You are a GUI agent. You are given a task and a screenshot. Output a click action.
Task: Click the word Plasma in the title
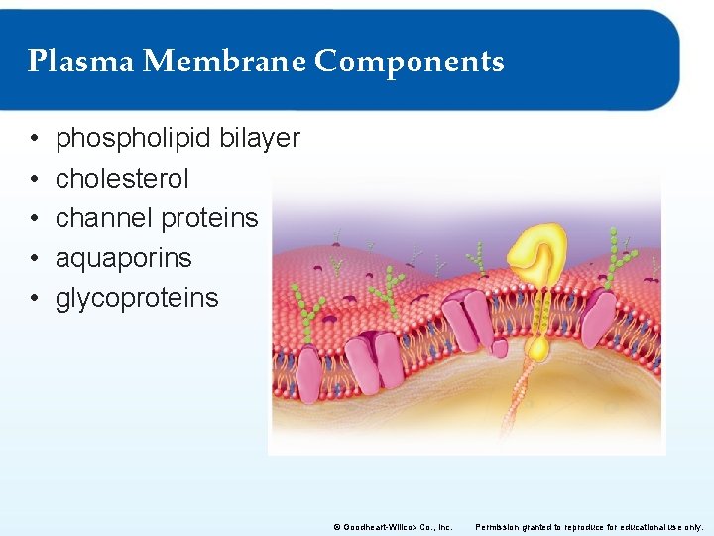click(x=80, y=62)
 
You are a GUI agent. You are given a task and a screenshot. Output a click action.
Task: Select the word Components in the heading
click(x=410, y=62)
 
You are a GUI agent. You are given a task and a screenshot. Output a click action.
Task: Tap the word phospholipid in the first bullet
click(x=134, y=139)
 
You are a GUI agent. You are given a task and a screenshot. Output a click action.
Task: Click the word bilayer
click(x=260, y=139)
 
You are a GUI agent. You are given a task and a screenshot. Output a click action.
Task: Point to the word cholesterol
click(x=122, y=179)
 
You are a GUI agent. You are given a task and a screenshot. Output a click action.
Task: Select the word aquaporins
click(x=124, y=258)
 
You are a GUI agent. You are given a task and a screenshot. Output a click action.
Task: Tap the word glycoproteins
click(x=137, y=298)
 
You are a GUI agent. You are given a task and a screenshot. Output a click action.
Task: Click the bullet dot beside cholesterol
click(x=34, y=180)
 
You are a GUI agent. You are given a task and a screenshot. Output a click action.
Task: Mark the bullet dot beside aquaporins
click(x=34, y=259)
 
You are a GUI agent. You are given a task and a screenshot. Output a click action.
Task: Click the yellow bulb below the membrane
click(x=538, y=347)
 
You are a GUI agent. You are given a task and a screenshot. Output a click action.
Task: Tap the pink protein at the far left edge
click(x=308, y=374)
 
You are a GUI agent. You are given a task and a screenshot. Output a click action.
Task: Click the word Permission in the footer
click(x=502, y=527)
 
